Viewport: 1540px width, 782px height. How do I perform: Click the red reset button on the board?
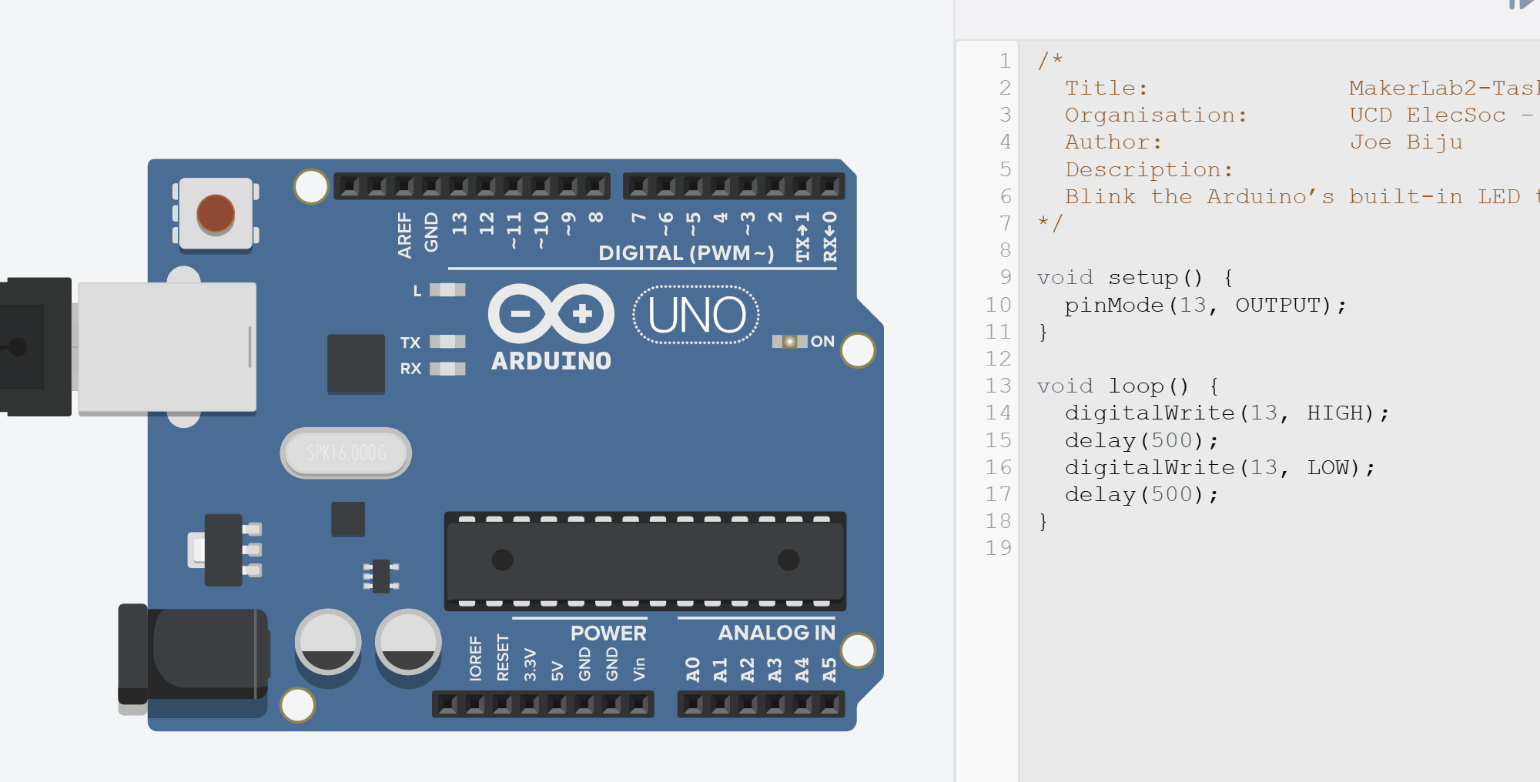216,213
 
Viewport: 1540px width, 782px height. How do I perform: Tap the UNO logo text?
697,316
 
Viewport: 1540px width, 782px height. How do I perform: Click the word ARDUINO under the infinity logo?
551,361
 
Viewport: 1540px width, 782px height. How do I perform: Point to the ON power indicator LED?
790,341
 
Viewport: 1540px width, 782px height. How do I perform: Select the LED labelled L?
447,290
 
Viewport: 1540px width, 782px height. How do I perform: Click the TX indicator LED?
447,342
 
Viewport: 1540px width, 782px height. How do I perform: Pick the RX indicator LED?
447,369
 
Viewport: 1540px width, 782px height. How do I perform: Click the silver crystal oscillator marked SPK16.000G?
346,453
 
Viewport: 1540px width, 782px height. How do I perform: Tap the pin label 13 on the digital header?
460,224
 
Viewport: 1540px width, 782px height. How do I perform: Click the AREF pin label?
405,235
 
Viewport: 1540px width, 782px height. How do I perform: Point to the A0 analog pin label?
693,669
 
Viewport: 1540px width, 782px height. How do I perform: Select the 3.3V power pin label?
530,664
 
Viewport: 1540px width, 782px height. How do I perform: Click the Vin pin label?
639,669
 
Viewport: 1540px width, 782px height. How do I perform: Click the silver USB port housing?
167,347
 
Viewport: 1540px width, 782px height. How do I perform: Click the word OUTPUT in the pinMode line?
1277,306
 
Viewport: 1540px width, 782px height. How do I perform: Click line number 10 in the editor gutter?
998,306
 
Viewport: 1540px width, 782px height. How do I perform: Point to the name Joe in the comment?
1371,142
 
